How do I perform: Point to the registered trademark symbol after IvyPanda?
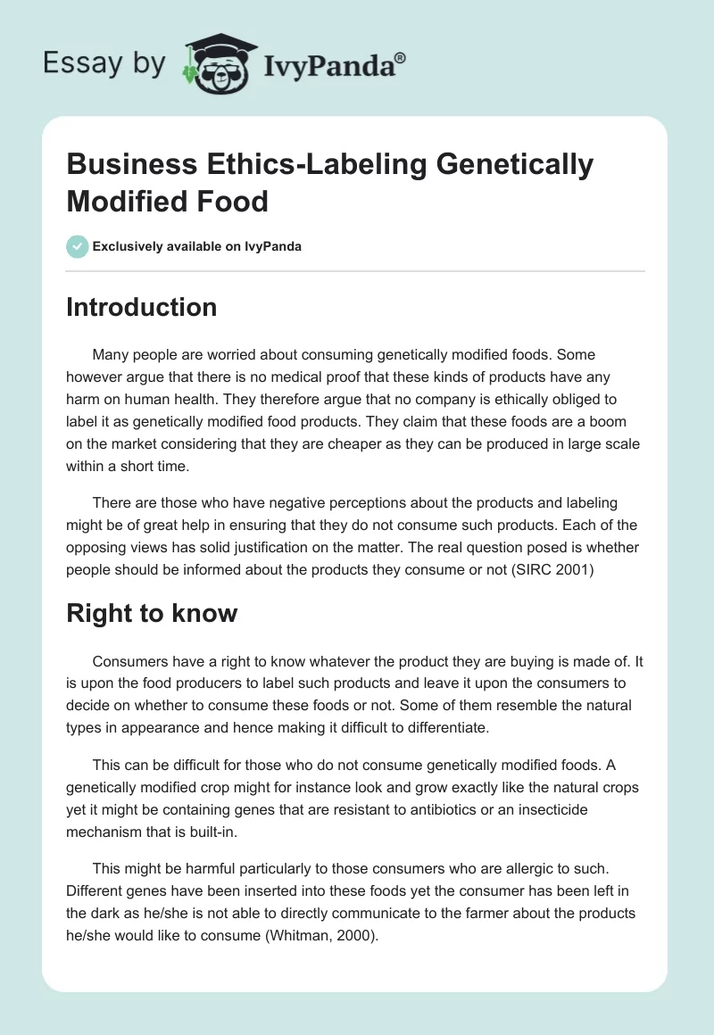(x=401, y=56)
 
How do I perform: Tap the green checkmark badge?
(x=78, y=246)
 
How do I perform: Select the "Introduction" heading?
(x=142, y=307)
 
